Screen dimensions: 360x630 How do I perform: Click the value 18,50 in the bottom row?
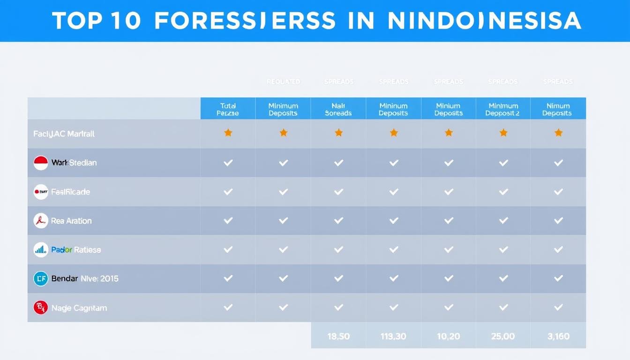[338, 336]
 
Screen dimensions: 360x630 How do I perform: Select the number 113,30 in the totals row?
[393, 336]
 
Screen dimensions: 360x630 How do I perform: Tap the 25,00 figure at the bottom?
[503, 336]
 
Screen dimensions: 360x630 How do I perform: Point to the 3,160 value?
[558, 336]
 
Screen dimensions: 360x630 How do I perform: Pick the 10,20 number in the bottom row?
[449, 336]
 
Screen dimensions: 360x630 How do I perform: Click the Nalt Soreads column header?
[338, 109]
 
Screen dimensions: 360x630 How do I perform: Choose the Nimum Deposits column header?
[558, 109]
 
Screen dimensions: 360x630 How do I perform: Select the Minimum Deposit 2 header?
[503, 109]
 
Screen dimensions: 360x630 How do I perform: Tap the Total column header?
[228, 109]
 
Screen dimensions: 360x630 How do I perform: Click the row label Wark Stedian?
[74, 163]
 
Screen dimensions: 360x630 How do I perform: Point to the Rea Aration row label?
[71, 221]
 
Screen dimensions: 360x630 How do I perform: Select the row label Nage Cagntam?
[79, 308]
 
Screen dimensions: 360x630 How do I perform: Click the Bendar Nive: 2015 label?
[85, 278]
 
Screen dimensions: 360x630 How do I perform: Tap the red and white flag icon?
[41, 163]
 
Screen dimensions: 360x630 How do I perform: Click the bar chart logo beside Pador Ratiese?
[41, 250]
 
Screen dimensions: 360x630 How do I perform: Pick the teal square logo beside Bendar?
[41, 279]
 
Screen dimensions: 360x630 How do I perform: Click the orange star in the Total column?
[228, 133]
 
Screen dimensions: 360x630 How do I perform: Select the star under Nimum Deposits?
[558, 133]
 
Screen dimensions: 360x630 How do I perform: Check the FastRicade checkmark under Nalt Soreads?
[338, 192]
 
